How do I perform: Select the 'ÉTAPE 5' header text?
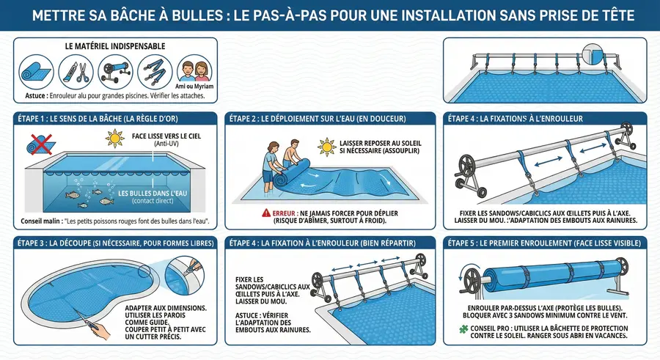pyautogui.click(x=473, y=243)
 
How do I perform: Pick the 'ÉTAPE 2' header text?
pyautogui.click(x=250, y=118)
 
